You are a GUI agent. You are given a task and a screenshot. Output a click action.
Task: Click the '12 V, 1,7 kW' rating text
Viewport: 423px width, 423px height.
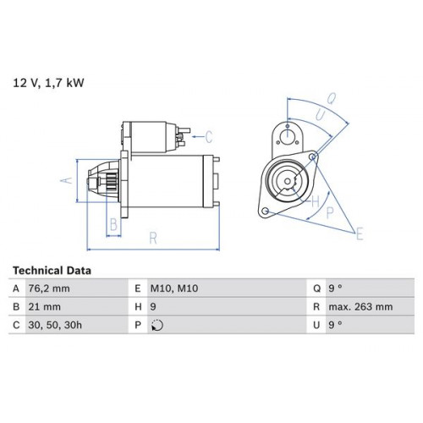(x=48, y=83)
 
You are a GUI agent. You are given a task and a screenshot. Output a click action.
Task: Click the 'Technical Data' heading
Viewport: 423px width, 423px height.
(x=52, y=271)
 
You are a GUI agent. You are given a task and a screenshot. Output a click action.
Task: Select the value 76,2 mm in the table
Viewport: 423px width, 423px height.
(x=49, y=288)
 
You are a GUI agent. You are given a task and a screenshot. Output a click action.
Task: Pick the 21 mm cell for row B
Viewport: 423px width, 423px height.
(x=44, y=307)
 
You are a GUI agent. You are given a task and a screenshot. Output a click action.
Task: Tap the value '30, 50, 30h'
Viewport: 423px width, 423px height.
(x=55, y=325)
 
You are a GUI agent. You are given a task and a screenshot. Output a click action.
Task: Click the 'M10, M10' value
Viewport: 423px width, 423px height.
(x=174, y=288)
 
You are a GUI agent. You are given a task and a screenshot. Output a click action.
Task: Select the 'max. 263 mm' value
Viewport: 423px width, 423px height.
(x=360, y=307)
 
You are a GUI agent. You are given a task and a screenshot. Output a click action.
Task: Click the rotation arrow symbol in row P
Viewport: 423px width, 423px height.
(x=157, y=325)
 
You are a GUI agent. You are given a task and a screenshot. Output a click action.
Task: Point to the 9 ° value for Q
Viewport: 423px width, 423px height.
(x=335, y=288)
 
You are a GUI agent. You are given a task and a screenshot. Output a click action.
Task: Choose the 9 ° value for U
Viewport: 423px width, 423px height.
(x=335, y=325)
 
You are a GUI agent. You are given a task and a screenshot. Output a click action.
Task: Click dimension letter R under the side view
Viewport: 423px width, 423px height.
(x=153, y=239)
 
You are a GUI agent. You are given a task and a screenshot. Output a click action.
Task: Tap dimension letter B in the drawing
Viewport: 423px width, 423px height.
(x=113, y=225)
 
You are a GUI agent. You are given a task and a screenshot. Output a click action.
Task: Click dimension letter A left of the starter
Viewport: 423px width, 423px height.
(x=67, y=180)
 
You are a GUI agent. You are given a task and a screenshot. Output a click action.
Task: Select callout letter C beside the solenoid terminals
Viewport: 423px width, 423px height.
(x=208, y=137)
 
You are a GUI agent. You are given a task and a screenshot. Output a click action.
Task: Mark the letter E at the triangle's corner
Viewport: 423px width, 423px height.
(x=360, y=233)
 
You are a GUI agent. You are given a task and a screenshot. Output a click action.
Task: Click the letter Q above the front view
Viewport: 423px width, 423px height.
(x=332, y=99)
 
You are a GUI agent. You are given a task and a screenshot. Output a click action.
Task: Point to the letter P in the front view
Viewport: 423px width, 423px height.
(x=330, y=213)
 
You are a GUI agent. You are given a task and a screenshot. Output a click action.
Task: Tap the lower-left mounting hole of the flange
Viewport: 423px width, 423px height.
(x=265, y=211)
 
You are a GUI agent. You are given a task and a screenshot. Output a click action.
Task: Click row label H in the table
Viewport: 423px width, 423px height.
(x=138, y=307)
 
